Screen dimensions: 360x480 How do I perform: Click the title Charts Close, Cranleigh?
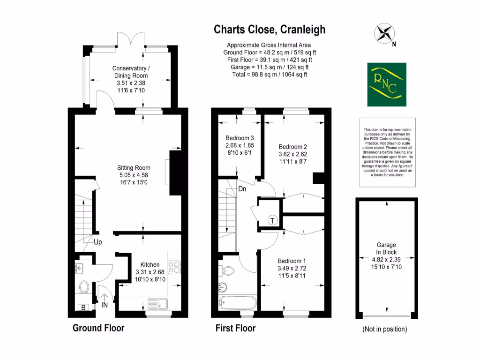pyautogui.click(x=270, y=30)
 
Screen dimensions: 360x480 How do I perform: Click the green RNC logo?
pyautogui.click(x=386, y=84)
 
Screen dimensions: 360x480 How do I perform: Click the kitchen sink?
pyautogui.click(x=158, y=304)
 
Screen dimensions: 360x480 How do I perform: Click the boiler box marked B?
pyautogui.click(x=83, y=307)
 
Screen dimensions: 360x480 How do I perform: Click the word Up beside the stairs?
pyautogui.click(x=97, y=242)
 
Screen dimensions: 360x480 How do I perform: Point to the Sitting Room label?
pyautogui.click(x=134, y=167)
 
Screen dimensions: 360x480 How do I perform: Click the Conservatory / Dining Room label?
pyautogui.click(x=131, y=72)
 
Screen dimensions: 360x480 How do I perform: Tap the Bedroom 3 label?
pyautogui.click(x=240, y=138)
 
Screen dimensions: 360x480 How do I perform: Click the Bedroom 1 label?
pyautogui.click(x=292, y=261)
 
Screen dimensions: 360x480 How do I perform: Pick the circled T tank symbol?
pyautogui.click(x=272, y=220)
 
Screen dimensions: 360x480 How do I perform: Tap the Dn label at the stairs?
pyautogui.click(x=242, y=189)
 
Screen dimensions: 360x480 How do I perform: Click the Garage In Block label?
pyautogui.click(x=386, y=248)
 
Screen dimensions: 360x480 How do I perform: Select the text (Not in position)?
pyautogui.click(x=385, y=329)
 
